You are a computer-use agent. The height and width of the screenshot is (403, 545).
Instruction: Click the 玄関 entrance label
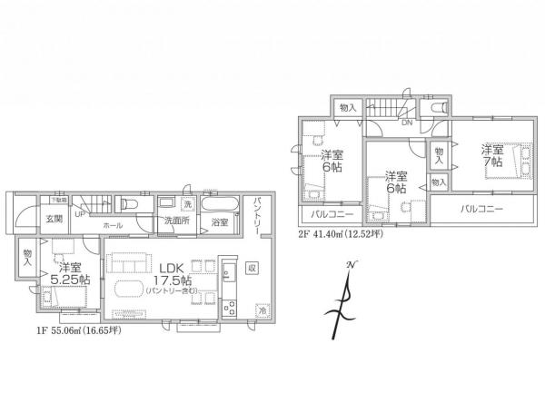[x=29, y=220]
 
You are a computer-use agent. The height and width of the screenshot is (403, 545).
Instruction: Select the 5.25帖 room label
[x=71, y=274]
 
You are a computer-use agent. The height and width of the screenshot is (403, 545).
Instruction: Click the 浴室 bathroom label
[x=220, y=221]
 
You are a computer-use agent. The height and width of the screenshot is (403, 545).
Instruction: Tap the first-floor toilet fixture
[x=128, y=204]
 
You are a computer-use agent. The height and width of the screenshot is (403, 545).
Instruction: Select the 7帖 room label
[x=493, y=154]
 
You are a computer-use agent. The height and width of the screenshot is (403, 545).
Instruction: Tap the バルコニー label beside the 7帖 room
[x=481, y=209]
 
